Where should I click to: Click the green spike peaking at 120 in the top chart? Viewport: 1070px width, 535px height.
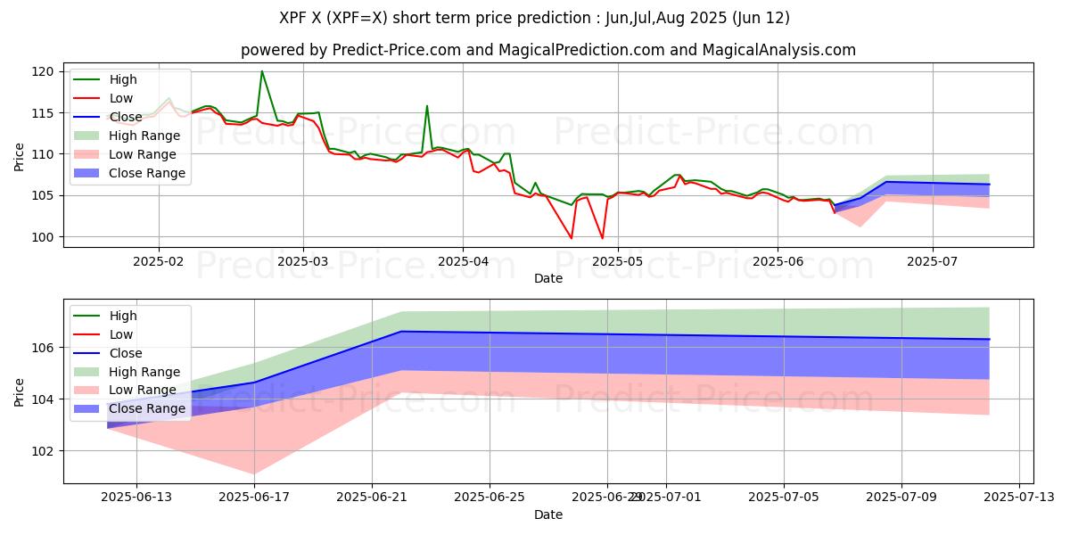click(x=261, y=71)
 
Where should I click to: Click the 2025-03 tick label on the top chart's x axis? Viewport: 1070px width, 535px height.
click(x=302, y=262)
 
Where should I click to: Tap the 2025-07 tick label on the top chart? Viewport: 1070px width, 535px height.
click(x=933, y=262)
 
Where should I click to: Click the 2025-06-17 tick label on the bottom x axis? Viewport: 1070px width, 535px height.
click(x=255, y=497)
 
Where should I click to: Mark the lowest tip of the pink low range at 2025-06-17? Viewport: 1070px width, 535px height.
click(x=254, y=473)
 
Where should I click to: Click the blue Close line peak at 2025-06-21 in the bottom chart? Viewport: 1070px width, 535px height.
click(x=400, y=332)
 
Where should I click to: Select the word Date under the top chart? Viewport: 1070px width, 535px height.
click(x=547, y=279)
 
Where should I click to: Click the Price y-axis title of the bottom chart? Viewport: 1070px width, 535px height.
click(x=20, y=391)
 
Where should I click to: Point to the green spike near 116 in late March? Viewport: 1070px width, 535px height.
click(x=427, y=106)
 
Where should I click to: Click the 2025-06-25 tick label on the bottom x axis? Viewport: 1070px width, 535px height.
click(x=490, y=497)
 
